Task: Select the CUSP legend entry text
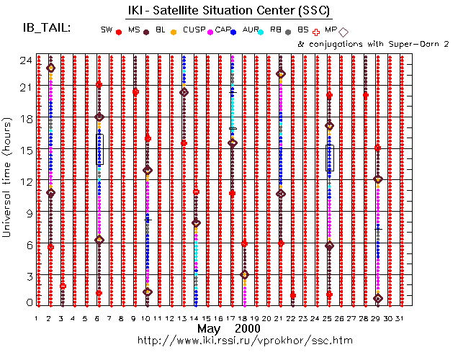[x=191, y=30]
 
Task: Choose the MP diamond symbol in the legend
[x=343, y=32]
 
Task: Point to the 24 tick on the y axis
[x=24, y=59]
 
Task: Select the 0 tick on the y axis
[x=27, y=302]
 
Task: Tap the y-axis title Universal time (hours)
[x=9, y=180]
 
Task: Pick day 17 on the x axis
[x=232, y=318]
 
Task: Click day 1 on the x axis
[x=37, y=318]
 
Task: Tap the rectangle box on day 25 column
[x=330, y=158]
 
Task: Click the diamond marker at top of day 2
[x=50, y=68]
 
